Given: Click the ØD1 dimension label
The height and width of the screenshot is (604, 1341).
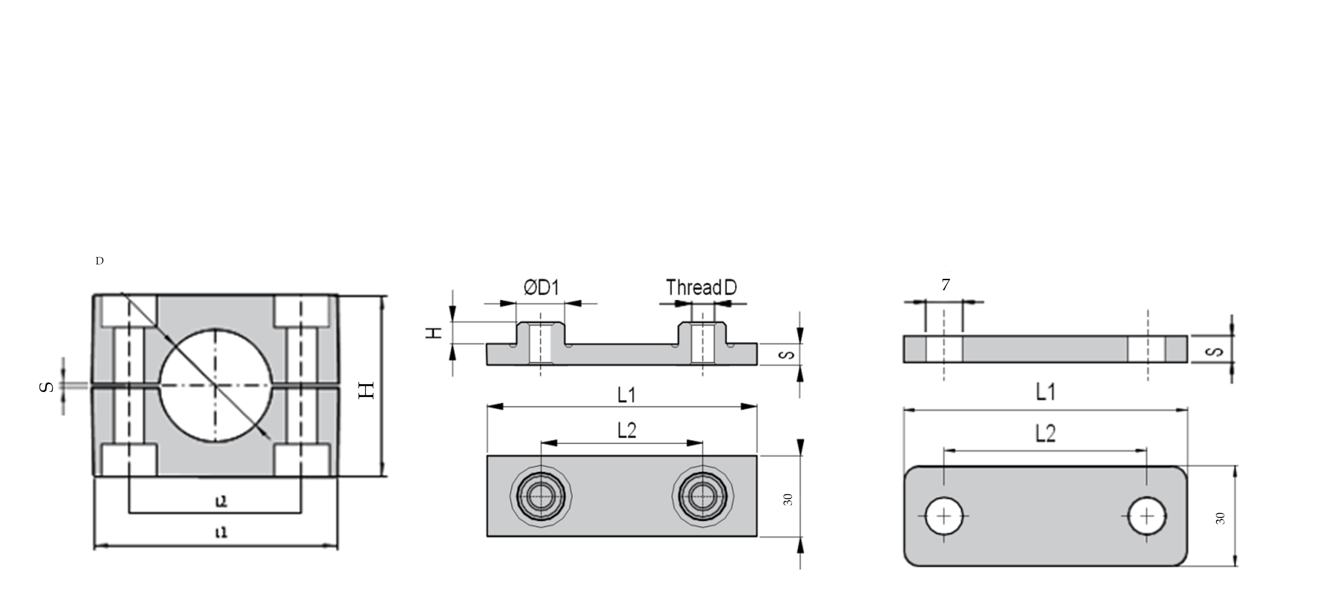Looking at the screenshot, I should [541, 288].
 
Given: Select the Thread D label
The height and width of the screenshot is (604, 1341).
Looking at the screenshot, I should [701, 288].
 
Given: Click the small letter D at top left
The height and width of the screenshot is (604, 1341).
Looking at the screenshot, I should [100, 261].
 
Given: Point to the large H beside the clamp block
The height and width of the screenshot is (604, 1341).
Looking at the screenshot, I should [367, 390].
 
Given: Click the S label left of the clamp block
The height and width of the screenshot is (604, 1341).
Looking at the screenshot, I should [47, 387].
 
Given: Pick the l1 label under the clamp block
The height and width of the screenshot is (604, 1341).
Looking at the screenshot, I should [221, 533].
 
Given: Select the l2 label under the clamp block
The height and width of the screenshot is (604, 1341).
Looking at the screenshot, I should [221, 501].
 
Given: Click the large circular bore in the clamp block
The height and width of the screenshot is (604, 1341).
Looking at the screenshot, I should [216, 386].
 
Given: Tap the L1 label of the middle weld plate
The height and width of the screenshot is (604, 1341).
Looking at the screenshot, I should [627, 395].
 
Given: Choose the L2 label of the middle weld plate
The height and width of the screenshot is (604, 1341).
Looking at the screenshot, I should [627, 431].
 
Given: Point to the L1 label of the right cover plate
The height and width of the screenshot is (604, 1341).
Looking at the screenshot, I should [1045, 391].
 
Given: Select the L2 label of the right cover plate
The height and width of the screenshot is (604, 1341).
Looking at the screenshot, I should [1045, 434].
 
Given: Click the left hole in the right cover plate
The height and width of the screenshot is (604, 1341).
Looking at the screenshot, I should [944, 516].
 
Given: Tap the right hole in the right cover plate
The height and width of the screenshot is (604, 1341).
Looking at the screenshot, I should [1147, 516].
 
